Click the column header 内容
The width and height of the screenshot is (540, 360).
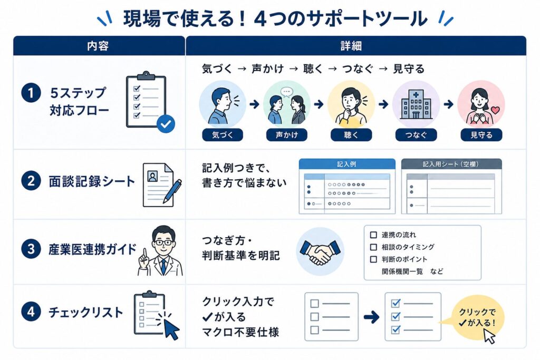pyautogui.click(x=98, y=46)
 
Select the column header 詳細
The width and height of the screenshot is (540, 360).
pyautogui.click(x=351, y=46)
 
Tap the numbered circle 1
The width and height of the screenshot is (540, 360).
pyautogui.click(x=31, y=93)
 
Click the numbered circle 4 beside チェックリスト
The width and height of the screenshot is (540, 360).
pyautogui.click(x=31, y=312)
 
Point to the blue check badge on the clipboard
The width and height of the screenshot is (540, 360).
pyautogui.click(x=166, y=124)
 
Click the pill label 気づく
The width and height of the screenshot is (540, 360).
pyautogui.click(x=223, y=135)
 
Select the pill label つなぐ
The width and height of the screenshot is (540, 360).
pyautogui.click(x=416, y=135)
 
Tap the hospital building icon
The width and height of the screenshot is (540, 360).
pyautogui.click(x=416, y=104)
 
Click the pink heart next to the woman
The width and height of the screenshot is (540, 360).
pyautogui.click(x=495, y=110)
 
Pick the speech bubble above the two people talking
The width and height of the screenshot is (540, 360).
pyautogui.click(x=286, y=92)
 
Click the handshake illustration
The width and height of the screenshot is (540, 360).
pyautogui.click(x=320, y=251)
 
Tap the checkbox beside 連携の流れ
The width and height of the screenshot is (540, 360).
pyautogui.click(x=373, y=235)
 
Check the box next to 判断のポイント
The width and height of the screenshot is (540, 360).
pyautogui.click(x=373, y=259)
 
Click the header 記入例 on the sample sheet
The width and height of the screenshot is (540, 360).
pyautogui.click(x=347, y=164)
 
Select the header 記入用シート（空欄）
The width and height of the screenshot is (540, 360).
pyautogui.click(x=451, y=164)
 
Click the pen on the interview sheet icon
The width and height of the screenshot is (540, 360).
pyautogui.click(x=172, y=191)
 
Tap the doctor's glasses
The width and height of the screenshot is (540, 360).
pyautogui.click(x=163, y=242)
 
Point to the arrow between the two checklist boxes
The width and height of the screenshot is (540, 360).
pyautogui.click(x=371, y=317)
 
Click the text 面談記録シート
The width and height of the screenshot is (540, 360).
pyautogui.click(x=92, y=181)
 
